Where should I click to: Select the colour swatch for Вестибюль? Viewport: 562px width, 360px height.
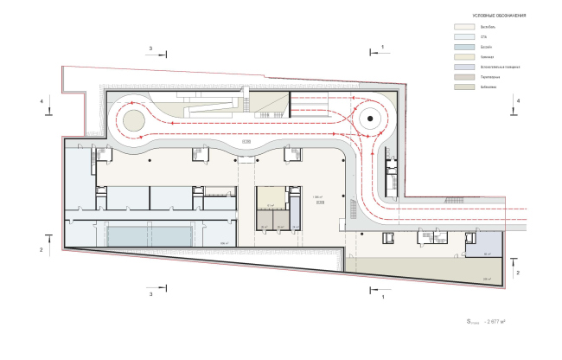point(468,29)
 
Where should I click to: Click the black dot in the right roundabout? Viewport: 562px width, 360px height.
point(369,119)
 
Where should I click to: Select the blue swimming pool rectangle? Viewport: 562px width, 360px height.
point(148,234)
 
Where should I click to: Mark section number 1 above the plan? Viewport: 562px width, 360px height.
point(381,46)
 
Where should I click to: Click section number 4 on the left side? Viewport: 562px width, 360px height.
point(41,101)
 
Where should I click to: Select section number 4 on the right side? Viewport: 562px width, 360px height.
point(517,101)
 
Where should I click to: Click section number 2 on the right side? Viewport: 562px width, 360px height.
point(517,272)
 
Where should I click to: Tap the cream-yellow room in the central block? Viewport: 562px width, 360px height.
point(273,198)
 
